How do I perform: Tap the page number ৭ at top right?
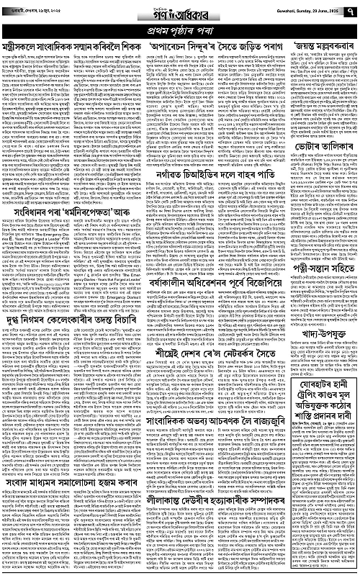(x=351, y=11)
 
